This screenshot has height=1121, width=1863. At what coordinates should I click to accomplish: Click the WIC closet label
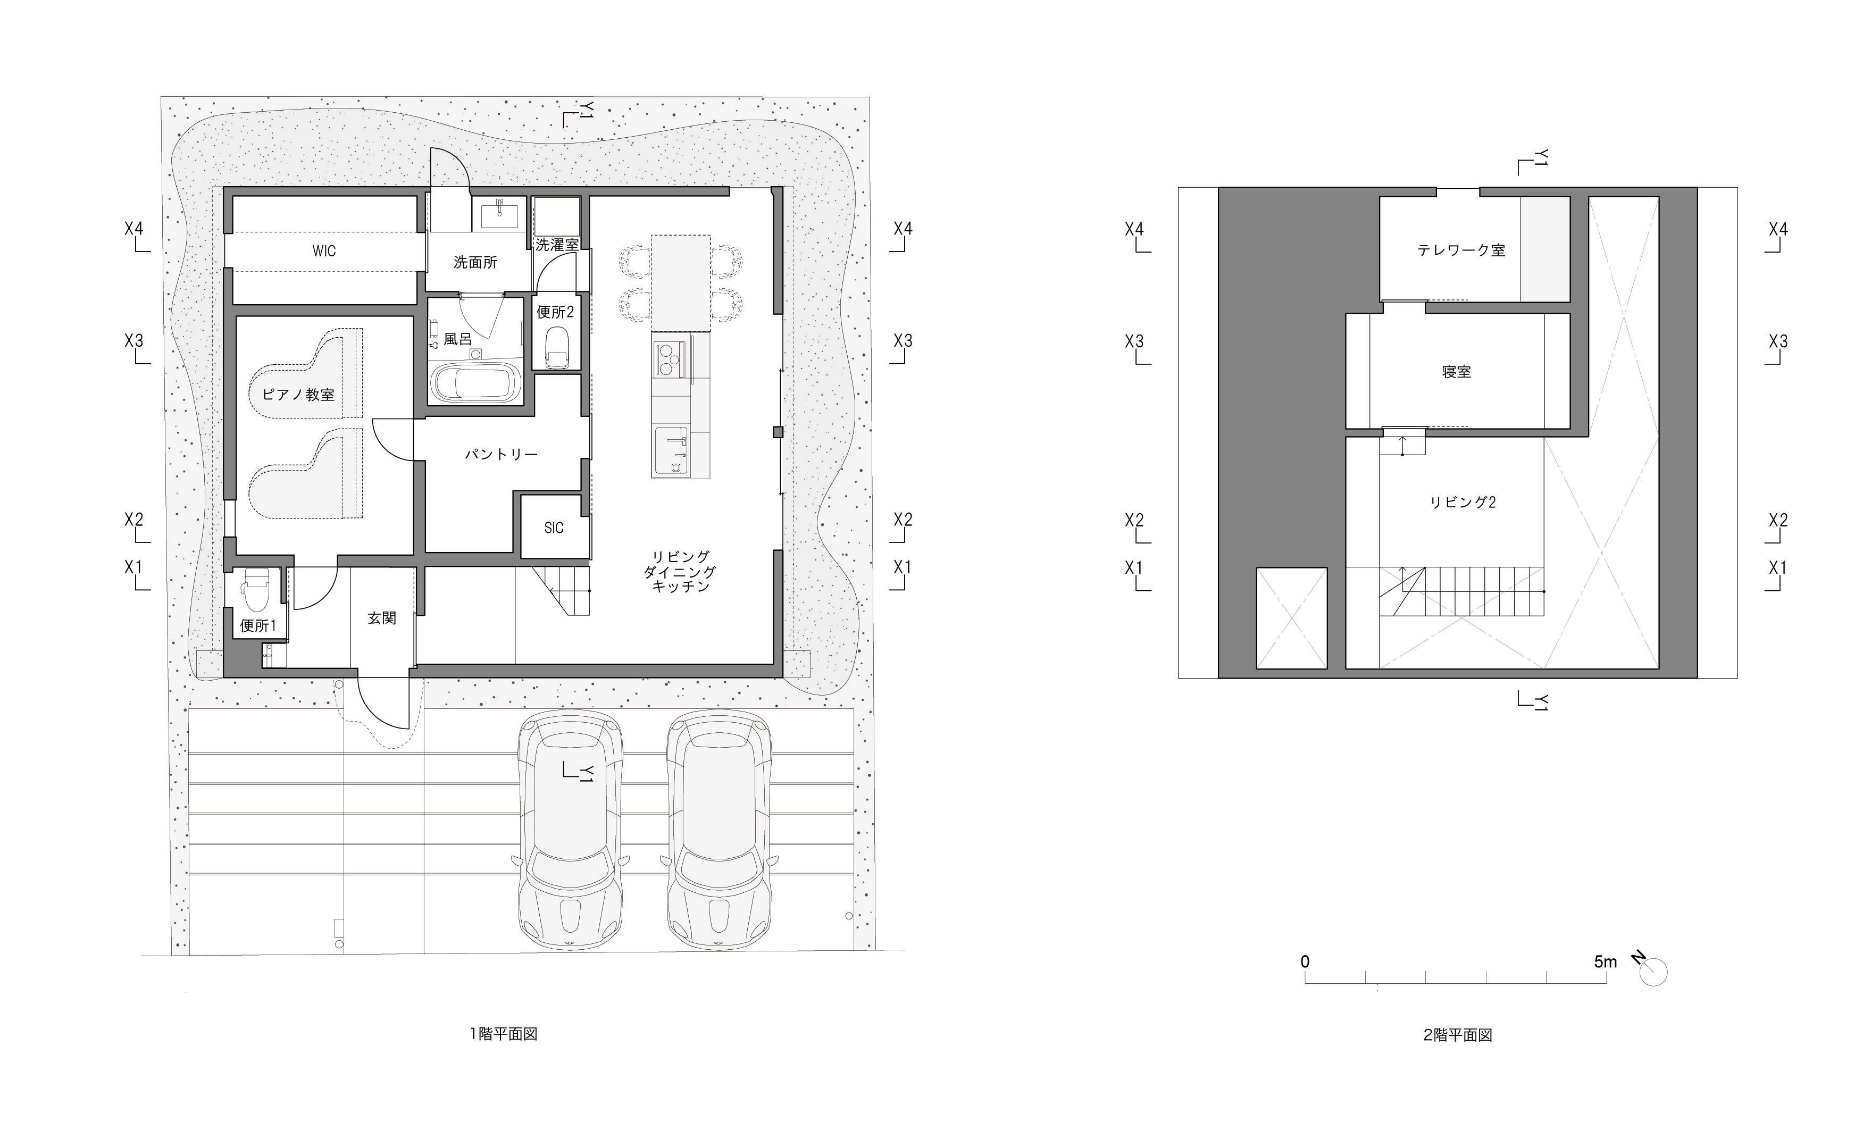point(324,251)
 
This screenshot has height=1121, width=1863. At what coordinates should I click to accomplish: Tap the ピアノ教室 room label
point(298,394)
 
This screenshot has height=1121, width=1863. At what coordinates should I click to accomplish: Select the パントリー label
point(501,454)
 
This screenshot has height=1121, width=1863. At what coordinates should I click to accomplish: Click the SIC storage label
point(554,528)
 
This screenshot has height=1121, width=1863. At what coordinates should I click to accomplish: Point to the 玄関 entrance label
point(381,618)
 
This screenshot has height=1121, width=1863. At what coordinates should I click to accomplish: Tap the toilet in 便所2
point(557,348)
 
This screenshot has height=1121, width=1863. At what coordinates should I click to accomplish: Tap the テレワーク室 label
point(1461,250)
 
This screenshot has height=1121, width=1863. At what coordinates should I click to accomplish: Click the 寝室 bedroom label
point(1456,372)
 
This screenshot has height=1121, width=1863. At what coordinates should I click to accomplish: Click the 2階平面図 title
point(1457,1035)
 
